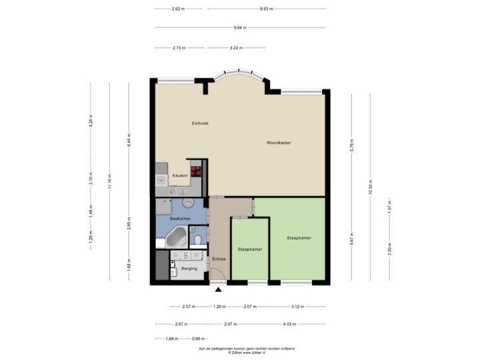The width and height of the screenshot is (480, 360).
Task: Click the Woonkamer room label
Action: point(279,143)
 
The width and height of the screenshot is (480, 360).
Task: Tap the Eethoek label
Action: point(200,123)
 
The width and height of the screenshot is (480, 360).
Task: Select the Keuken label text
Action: point(180,175)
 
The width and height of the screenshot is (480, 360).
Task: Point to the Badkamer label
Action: point(180,219)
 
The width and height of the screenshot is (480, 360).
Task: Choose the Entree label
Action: point(218,259)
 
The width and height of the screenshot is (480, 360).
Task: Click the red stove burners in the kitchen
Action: point(196,169)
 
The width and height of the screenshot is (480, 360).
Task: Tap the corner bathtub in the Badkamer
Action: point(177,236)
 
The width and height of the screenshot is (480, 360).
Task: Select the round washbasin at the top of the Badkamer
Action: point(189,202)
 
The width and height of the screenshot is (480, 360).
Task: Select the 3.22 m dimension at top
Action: point(235,48)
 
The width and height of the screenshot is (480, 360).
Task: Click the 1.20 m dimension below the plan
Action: point(218,307)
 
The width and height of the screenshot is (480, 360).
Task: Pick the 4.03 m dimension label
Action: point(289,324)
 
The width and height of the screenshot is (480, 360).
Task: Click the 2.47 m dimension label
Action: point(230,324)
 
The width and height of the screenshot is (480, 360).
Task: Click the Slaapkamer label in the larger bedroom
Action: point(299,238)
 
